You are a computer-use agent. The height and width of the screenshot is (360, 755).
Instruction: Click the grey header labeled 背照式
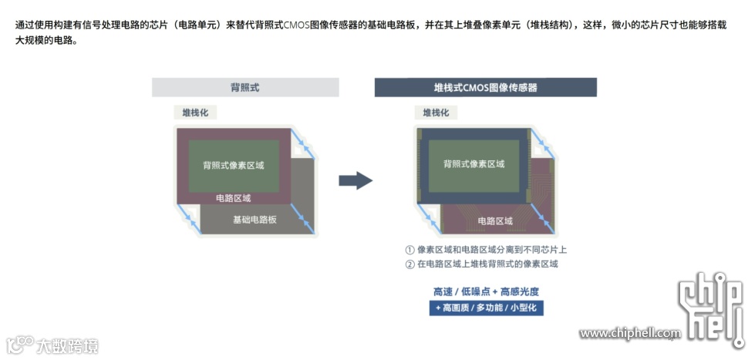click(x=245, y=87)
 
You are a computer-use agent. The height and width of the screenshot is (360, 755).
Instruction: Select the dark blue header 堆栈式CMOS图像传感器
click(x=485, y=87)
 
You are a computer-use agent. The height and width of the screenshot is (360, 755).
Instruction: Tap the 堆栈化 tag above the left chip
click(x=194, y=113)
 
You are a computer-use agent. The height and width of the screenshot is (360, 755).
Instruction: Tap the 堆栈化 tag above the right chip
click(x=435, y=113)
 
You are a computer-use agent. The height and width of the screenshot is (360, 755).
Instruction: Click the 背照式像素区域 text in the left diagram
click(x=234, y=165)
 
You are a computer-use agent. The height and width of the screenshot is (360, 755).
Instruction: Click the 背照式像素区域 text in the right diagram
click(x=474, y=164)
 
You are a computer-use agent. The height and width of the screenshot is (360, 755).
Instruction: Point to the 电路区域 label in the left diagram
click(x=234, y=198)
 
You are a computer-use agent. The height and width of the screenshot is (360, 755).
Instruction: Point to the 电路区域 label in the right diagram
click(x=495, y=221)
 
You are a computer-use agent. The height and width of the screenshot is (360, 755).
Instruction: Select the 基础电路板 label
click(x=254, y=220)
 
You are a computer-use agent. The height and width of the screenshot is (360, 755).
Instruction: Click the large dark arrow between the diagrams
click(x=356, y=181)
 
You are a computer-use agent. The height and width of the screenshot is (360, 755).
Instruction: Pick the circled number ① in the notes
click(x=410, y=250)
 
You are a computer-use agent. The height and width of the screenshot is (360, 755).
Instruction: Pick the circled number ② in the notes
click(x=410, y=264)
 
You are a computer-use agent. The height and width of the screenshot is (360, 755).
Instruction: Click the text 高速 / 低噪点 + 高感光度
click(x=486, y=292)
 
